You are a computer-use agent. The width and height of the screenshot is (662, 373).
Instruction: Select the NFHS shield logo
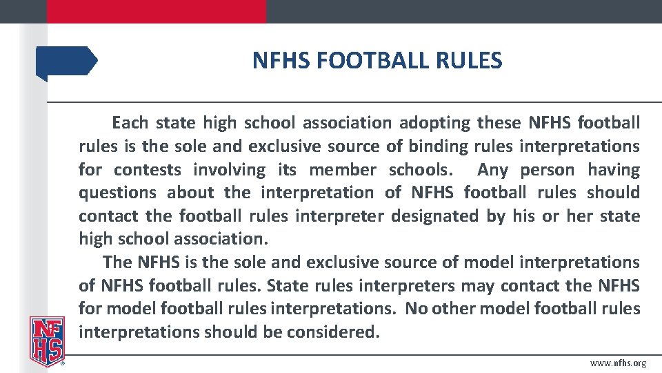pyautogui.click(x=46, y=341)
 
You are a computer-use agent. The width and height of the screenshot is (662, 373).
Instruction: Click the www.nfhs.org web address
pyautogui.click(x=619, y=363)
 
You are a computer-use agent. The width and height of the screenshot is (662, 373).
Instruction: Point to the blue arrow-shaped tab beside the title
pyautogui.click(x=67, y=61)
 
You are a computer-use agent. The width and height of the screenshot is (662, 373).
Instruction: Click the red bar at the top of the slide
pyautogui.click(x=156, y=11)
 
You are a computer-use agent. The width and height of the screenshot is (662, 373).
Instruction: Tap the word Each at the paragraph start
pyautogui.click(x=130, y=123)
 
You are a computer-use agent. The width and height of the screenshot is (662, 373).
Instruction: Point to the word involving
pyautogui.click(x=228, y=170)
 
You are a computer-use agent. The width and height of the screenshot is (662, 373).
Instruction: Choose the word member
pyautogui.click(x=342, y=170)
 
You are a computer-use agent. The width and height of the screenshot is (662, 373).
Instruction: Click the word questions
pyautogui.click(x=118, y=193)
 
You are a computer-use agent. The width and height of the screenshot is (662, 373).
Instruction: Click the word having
pyautogui.click(x=614, y=170)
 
